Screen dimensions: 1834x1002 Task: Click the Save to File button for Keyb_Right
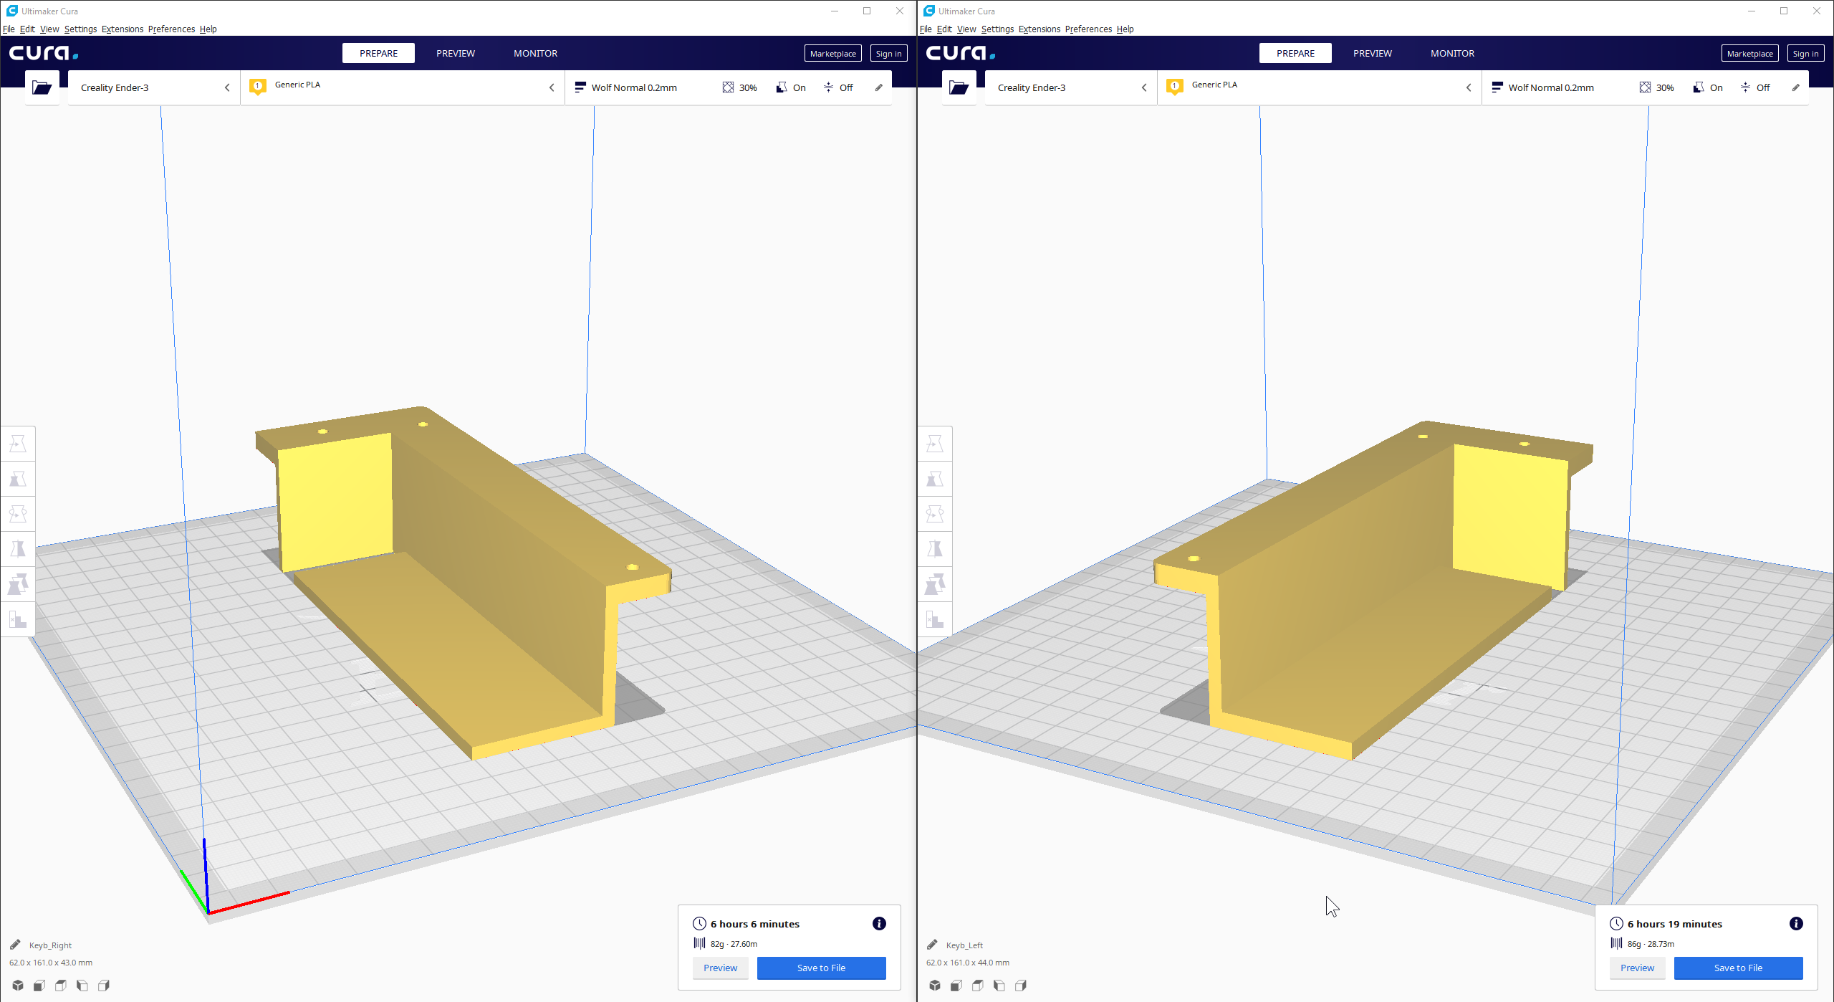coord(821,968)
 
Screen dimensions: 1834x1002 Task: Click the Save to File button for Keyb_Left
coord(1738,968)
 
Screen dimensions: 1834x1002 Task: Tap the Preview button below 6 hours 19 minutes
coord(1637,968)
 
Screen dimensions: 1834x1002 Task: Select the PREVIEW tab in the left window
coord(456,53)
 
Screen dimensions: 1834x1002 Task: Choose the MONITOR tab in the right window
coord(1452,53)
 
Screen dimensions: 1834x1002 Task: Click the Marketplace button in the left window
coord(832,54)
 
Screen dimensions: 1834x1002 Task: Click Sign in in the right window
coord(1805,54)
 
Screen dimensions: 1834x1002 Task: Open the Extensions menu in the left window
coord(123,29)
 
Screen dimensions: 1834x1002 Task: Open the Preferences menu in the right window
coord(1088,29)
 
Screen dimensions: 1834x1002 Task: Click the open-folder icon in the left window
coord(42,87)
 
